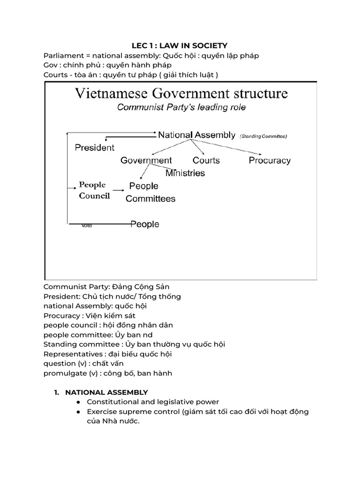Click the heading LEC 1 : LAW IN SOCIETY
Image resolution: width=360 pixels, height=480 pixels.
(180, 45)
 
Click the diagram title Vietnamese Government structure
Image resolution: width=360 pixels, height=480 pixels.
(181, 93)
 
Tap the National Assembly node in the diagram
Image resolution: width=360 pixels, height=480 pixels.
(196, 135)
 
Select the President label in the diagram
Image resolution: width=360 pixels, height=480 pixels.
(95, 148)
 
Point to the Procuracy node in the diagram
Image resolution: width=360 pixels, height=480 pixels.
(270, 160)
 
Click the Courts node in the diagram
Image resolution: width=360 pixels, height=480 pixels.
(206, 160)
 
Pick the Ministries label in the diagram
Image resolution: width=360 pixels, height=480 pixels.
(185, 173)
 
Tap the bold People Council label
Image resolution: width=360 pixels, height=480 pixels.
(94, 190)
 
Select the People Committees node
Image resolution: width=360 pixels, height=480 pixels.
(150, 192)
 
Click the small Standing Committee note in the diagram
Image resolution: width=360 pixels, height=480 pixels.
(263, 136)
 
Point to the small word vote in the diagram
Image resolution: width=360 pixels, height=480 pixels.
(87, 225)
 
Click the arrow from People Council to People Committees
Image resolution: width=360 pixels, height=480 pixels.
(118, 190)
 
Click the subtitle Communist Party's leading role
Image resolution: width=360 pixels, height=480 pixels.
(181, 107)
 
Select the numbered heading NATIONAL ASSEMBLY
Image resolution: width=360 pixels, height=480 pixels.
(106, 392)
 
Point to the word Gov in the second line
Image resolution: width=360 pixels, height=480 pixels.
(51, 65)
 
